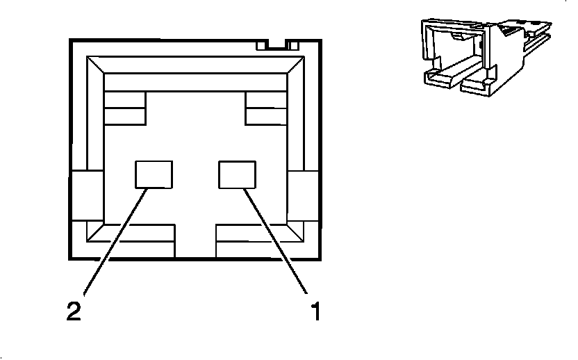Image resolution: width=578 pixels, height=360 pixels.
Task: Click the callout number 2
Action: [74, 311]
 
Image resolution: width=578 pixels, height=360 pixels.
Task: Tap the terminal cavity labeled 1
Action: [237, 174]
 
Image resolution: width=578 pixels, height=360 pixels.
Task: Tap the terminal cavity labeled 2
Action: [154, 174]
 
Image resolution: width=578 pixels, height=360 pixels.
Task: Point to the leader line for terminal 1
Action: [276, 240]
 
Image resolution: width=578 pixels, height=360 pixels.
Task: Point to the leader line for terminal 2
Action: [115, 240]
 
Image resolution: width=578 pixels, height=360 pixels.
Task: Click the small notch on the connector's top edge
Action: [277, 45]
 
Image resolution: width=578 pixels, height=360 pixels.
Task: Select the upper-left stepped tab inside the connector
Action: [124, 108]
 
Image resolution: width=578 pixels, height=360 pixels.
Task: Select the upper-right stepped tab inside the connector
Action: [266, 108]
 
